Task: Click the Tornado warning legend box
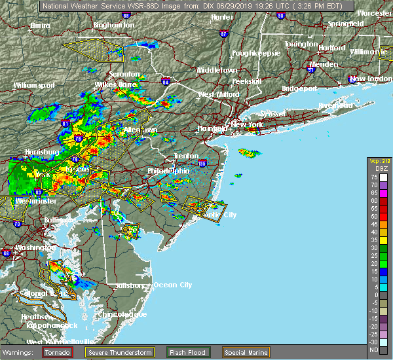pyautogui.click(x=58, y=351)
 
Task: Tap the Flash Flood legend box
pyautogui.click(x=187, y=351)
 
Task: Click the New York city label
pyautogui.click(x=248, y=124)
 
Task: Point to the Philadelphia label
pyautogui.click(x=168, y=171)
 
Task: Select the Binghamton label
pyautogui.click(x=113, y=25)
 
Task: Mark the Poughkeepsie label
pyautogui.click(x=256, y=52)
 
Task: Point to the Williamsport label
pyautogui.click(x=33, y=85)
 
